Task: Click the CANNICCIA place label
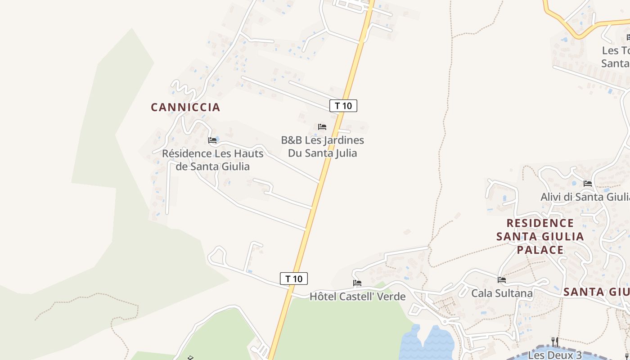pos(185,107)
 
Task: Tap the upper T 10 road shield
pos(343,106)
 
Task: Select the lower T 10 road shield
pos(294,279)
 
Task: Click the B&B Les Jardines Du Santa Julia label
pos(322,146)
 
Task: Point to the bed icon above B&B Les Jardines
pos(322,127)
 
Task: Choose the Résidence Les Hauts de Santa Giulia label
pos(212,160)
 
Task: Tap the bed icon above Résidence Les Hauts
pos(212,140)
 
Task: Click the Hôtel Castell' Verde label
pos(357,297)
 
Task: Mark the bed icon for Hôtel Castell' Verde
pos(357,283)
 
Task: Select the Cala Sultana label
pos(502,293)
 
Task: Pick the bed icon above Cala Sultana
pos(502,280)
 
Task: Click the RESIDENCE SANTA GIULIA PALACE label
pos(540,236)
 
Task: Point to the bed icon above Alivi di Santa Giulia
pos(587,184)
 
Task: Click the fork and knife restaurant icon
pos(555,342)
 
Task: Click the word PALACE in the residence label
pos(540,250)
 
